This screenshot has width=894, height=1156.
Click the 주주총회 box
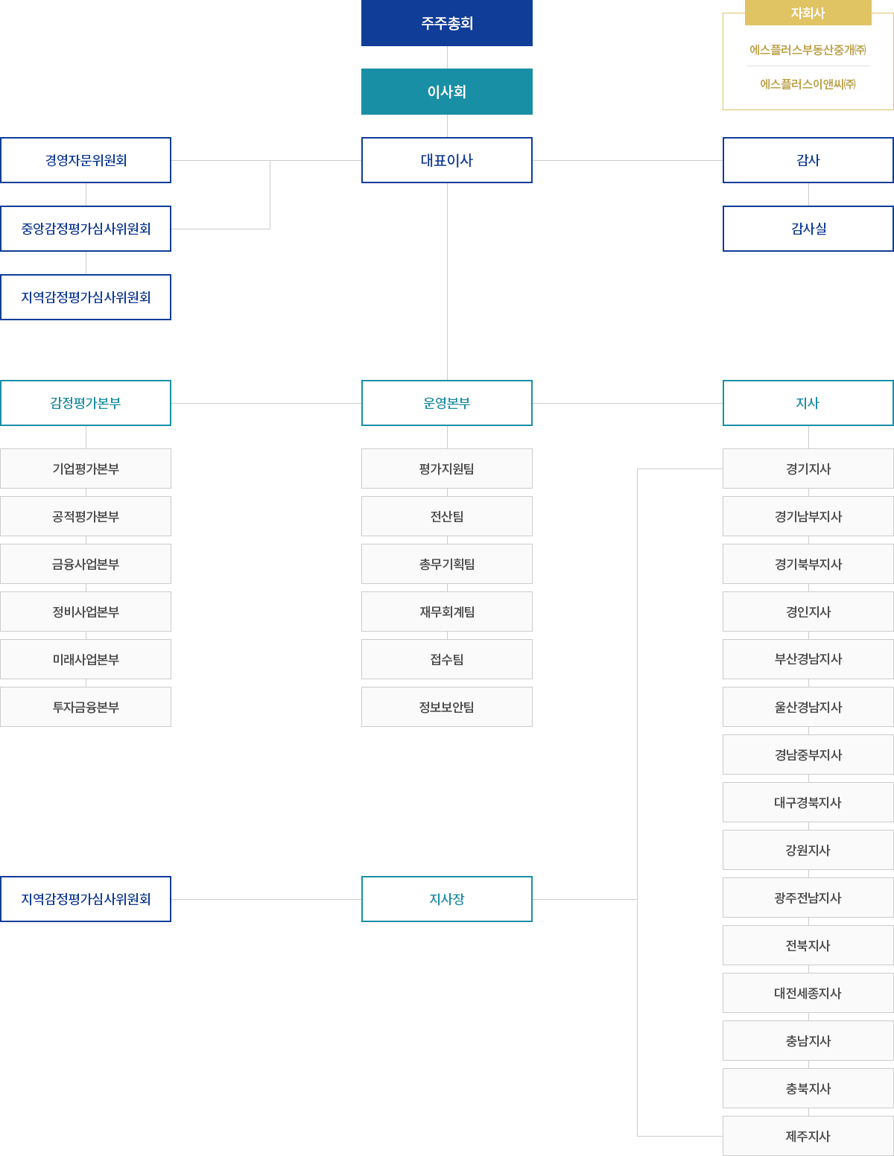(x=447, y=23)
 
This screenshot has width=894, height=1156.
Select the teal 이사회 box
(x=447, y=92)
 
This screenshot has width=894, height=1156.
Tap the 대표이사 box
(x=447, y=160)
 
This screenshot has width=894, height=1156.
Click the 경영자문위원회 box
(x=86, y=160)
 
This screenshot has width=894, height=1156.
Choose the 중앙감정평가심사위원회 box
(x=86, y=229)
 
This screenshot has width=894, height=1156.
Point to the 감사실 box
(x=808, y=229)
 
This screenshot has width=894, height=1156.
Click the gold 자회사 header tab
(x=808, y=12)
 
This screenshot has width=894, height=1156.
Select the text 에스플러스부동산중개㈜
(x=808, y=50)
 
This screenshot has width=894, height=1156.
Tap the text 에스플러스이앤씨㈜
(x=808, y=84)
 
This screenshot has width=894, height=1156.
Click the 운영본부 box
(x=447, y=403)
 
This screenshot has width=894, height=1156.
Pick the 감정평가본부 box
(x=86, y=403)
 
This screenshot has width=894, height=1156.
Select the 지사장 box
(x=447, y=899)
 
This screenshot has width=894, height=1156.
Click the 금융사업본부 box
(x=86, y=564)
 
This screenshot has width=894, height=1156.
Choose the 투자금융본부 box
(x=86, y=707)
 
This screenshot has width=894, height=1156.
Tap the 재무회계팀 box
(x=447, y=612)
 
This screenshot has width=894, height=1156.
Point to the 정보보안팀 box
(x=447, y=707)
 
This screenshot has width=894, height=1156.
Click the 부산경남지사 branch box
(x=808, y=659)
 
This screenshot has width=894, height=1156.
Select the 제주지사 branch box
(x=808, y=1137)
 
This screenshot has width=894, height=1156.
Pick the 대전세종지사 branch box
(x=808, y=993)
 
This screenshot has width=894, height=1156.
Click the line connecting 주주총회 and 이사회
(x=447, y=57)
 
